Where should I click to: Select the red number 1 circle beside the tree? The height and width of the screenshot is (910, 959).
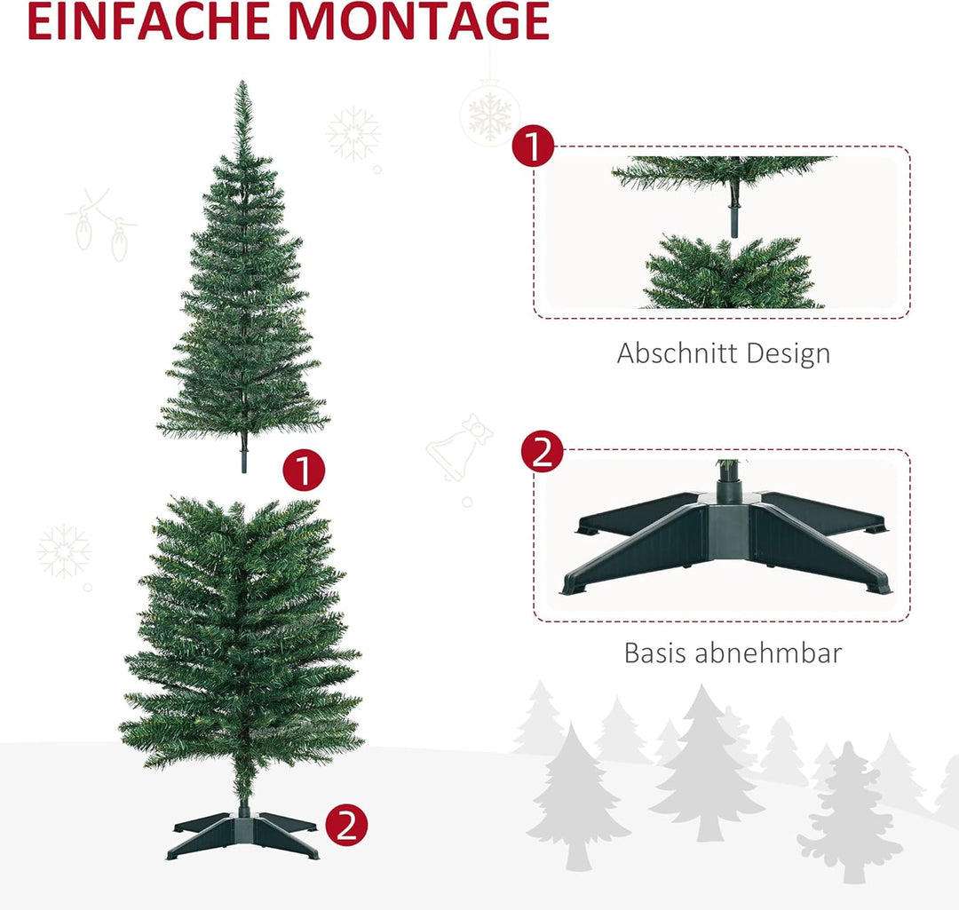[x=304, y=471]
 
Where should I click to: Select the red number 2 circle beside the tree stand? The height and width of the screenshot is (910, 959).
[x=346, y=827]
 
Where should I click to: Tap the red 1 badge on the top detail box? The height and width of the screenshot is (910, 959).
[x=533, y=146]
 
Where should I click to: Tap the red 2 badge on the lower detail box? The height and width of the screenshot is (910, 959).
[x=542, y=452]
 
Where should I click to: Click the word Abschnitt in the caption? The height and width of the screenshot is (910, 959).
[x=678, y=353]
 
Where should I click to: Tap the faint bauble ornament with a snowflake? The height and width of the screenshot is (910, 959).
[x=490, y=114]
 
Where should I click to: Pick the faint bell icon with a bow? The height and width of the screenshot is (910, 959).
[x=460, y=448]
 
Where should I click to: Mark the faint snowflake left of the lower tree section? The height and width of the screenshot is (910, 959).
[x=64, y=551]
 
